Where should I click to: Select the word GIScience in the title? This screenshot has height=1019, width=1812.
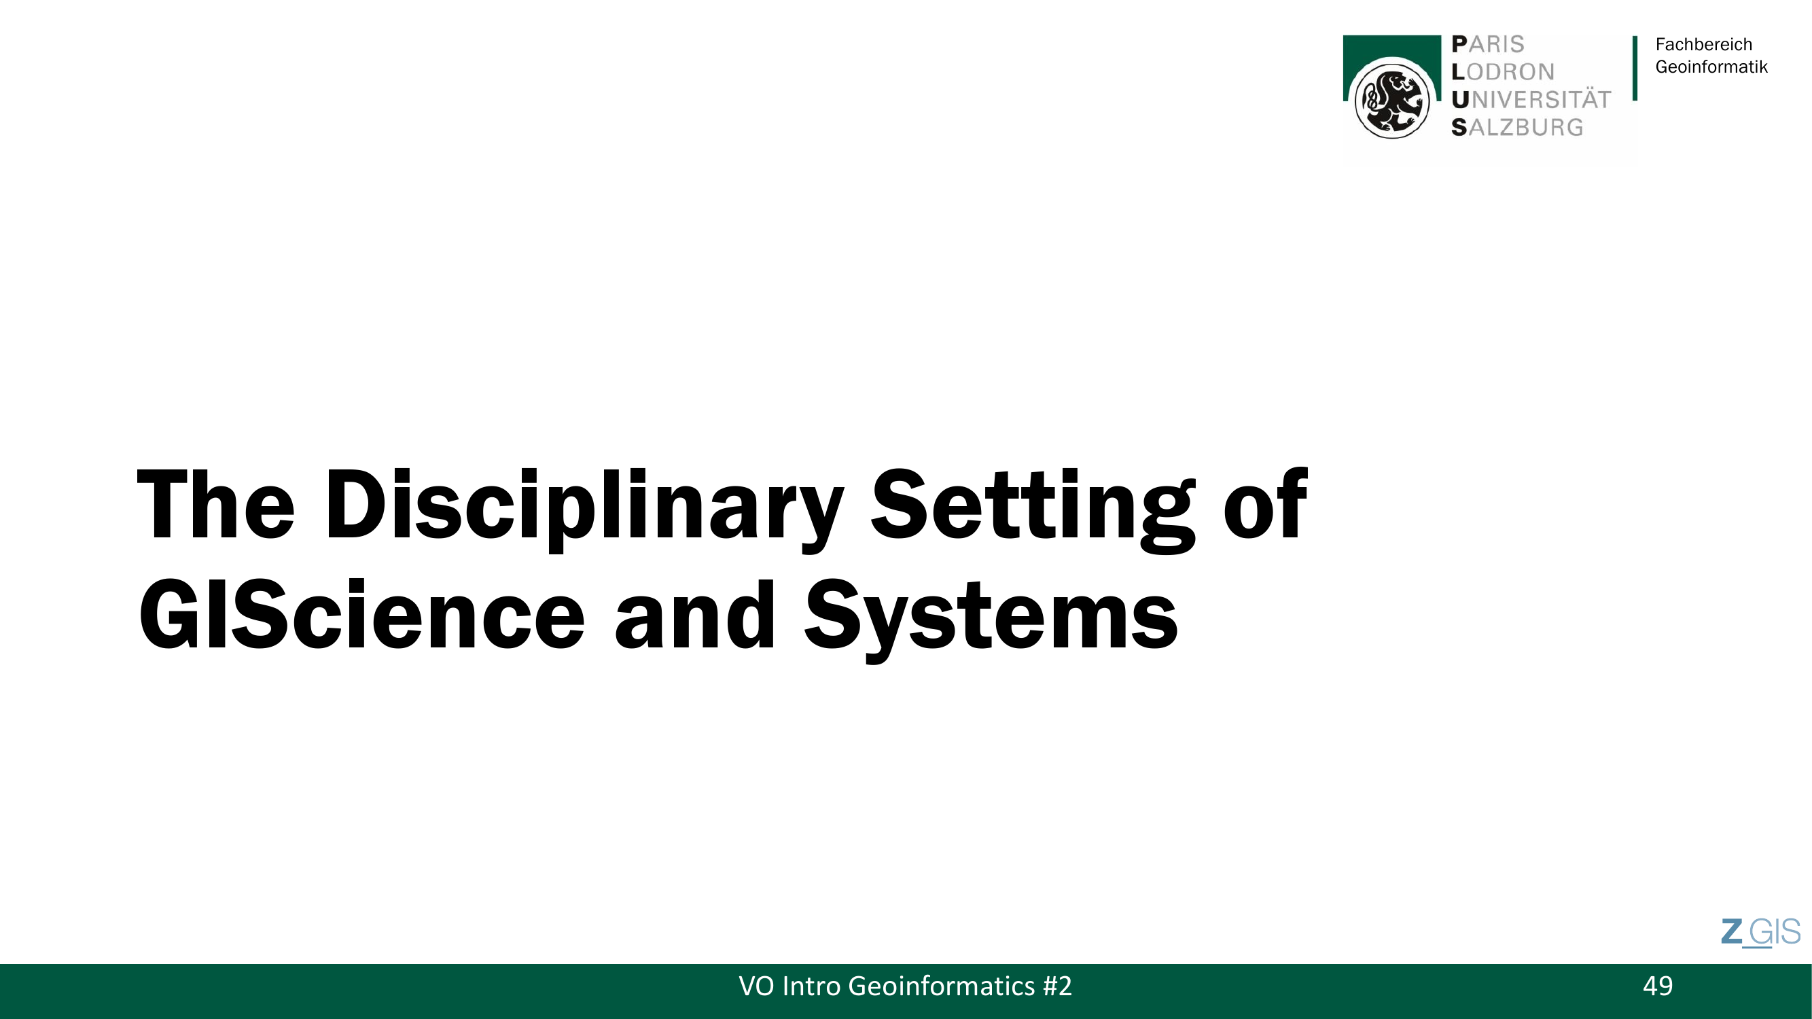tap(361, 615)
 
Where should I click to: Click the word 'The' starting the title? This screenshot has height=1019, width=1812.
tap(215, 503)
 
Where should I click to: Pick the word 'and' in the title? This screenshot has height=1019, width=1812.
tap(695, 615)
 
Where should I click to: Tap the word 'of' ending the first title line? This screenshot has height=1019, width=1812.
tap(1266, 503)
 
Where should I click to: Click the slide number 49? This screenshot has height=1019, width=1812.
tap(1658, 986)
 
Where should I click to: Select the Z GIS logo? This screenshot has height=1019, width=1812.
tap(1760, 933)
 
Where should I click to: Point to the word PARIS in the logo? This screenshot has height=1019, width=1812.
tap(1488, 44)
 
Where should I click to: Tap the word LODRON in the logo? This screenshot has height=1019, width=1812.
tap(1503, 72)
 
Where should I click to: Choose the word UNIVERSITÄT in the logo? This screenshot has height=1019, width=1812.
tap(1531, 99)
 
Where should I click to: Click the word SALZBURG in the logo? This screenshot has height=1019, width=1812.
tap(1517, 127)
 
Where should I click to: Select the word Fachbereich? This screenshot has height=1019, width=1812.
tap(1704, 44)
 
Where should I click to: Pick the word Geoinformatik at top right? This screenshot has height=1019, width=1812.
tap(1711, 67)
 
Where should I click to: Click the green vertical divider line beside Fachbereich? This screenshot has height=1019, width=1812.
tap(1635, 68)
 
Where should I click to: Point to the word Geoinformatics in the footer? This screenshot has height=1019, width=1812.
tap(941, 986)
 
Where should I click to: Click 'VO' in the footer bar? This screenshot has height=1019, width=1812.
tap(756, 986)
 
